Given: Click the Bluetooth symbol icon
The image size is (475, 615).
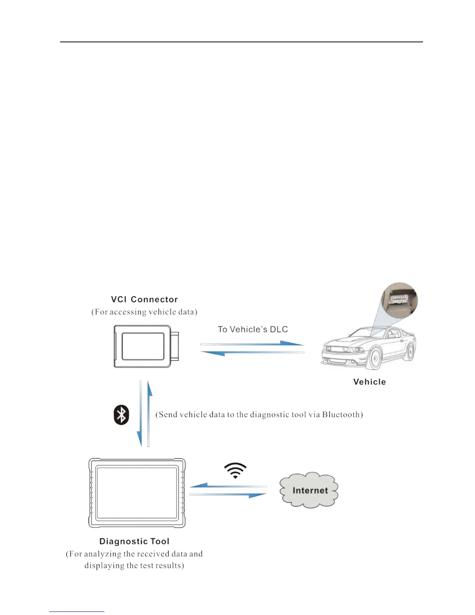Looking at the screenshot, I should [x=121, y=415].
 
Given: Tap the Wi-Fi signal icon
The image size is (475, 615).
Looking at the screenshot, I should [x=235, y=470].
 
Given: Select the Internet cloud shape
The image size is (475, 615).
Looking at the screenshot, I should [x=309, y=490].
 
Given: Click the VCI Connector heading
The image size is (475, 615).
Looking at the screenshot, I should [x=144, y=299].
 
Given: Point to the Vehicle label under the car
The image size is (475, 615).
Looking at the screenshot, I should [x=369, y=382].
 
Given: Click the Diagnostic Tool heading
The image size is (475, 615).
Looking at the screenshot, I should [x=134, y=541].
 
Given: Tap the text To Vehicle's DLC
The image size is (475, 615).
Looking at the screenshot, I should [x=253, y=329].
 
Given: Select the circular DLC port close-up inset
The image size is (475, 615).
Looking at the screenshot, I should [x=399, y=301].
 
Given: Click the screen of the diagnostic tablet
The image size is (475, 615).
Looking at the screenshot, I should [x=137, y=493].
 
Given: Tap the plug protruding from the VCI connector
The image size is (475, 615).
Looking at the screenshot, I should [x=175, y=346].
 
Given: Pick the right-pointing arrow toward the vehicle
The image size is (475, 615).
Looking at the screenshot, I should [x=252, y=344].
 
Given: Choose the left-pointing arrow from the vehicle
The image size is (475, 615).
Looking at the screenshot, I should [x=252, y=353].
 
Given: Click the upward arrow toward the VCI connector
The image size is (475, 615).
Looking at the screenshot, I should [x=149, y=413].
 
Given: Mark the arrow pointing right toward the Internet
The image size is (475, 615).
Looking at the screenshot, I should [x=228, y=495].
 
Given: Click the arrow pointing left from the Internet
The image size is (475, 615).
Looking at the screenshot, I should [x=228, y=486].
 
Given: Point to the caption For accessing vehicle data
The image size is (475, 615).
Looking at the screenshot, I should [x=144, y=312].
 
